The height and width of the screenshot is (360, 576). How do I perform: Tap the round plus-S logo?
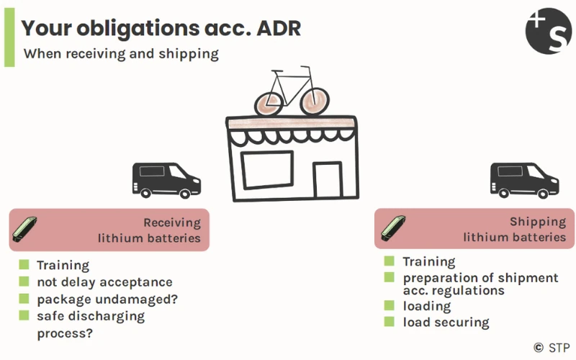coord(548,30)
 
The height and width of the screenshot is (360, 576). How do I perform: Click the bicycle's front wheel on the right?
coord(312,102)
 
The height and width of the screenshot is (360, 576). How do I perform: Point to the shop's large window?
coord(266,174)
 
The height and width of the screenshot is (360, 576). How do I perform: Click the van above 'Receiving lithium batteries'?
coord(165,180)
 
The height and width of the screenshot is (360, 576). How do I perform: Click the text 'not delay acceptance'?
coord(104,282)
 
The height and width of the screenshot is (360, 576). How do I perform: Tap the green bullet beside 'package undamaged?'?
coord(24,298)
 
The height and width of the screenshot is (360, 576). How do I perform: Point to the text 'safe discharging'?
coord(91,316)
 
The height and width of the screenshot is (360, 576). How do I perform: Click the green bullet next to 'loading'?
coord(389,306)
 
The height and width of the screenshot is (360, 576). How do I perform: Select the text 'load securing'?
coord(446,323)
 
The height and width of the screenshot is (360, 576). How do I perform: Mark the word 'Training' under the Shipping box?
coord(428,261)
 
